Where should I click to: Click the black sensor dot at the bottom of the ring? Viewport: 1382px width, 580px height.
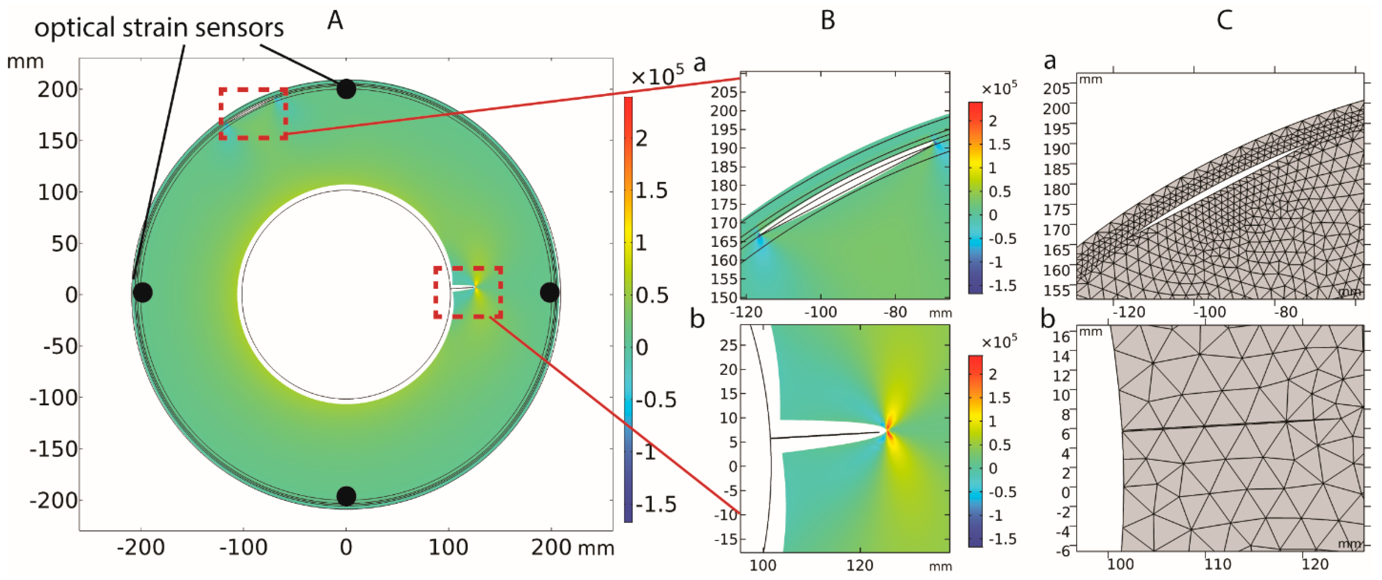coord(346,496)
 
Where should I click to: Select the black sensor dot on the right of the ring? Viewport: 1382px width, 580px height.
coord(549,293)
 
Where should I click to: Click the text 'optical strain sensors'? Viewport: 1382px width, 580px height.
coord(159,28)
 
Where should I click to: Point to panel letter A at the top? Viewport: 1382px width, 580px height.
coord(335,21)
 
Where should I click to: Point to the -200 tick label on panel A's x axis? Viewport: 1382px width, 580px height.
coord(140,548)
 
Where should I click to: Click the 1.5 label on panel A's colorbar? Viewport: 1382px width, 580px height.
coord(651,191)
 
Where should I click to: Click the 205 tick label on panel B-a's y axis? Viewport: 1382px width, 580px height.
coord(724,92)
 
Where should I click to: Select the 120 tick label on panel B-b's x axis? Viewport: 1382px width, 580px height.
coord(859,565)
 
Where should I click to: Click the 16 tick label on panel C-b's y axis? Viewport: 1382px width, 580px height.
coord(1061,337)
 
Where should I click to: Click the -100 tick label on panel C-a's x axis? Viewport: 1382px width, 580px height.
coord(1209,312)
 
